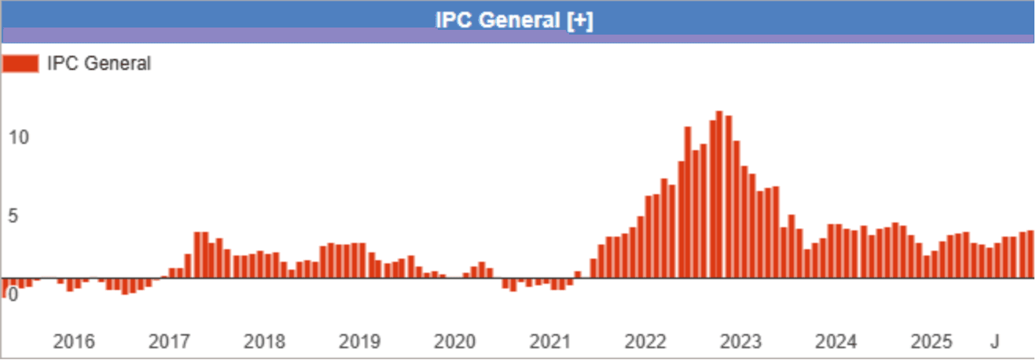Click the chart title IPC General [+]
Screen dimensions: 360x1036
[x=514, y=20]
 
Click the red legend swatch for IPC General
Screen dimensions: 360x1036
[x=20, y=64]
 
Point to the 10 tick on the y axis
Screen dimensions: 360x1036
[x=19, y=138]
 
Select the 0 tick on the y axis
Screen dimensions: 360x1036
[x=13, y=295]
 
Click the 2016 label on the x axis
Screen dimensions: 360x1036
[x=74, y=342]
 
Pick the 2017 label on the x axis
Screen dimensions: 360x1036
[x=169, y=342]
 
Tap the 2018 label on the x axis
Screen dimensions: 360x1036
[x=265, y=342]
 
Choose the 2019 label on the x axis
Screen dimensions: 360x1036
[x=360, y=342]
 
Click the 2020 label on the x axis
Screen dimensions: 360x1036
[x=455, y=342]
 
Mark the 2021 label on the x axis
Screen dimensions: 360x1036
[x=550, y=342]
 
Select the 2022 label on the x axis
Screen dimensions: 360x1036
[x=646, y=342]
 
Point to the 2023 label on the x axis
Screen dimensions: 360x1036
[x=741, y=342]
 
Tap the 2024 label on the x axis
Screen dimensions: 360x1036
[x=836, y=342]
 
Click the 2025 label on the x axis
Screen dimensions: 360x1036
[x=931, y=342]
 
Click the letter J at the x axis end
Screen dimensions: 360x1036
[x=994, y=342]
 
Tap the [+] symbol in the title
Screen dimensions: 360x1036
[x=579, y=20]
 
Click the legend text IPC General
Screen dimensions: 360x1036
[x=99, y=64]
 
